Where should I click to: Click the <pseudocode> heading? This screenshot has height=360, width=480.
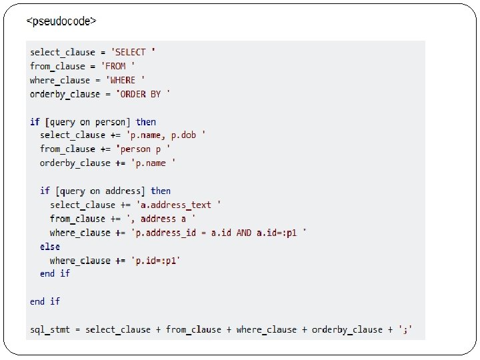[x=61, y=21]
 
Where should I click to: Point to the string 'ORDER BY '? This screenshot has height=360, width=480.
[x=144, y=94]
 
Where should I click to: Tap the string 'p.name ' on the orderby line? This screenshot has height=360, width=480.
[x=153, y=163]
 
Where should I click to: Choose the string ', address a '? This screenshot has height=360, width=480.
[x=163, y=219]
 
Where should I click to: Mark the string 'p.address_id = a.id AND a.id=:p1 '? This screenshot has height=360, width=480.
[x=219, y=233]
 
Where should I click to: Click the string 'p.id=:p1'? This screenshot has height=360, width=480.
[x=155, y=261]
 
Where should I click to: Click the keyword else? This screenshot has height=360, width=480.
[x=50, y=247]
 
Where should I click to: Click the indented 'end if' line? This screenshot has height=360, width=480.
[x=55, y=274]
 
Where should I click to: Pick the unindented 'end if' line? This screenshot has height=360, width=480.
[x=45, y=301]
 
